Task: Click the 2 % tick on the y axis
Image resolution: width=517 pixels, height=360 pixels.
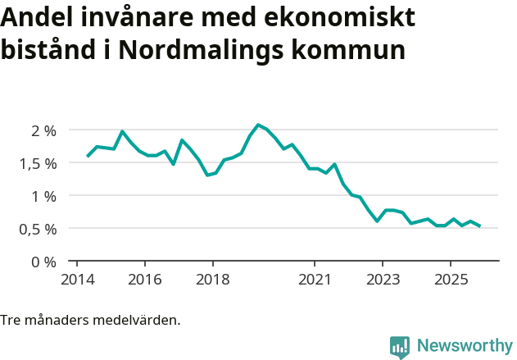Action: click(x=43, y=130)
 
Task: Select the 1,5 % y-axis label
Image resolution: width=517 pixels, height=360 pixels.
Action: click(x=38, y=163)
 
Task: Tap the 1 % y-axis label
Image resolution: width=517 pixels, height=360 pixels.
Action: click(x=43, y=196)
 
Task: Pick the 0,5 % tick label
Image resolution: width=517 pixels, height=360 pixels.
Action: click(x=38, y=229)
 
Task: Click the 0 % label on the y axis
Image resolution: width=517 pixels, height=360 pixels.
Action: click(x=43, y=262)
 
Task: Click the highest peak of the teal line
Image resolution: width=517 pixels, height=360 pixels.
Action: click(x=258, y=125)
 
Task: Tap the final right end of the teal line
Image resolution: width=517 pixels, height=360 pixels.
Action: click(x=479, y=226)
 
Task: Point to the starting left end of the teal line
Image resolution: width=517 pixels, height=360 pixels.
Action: click(x=88, y=156)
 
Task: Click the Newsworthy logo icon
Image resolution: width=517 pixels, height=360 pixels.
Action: click(x=400, y=347)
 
